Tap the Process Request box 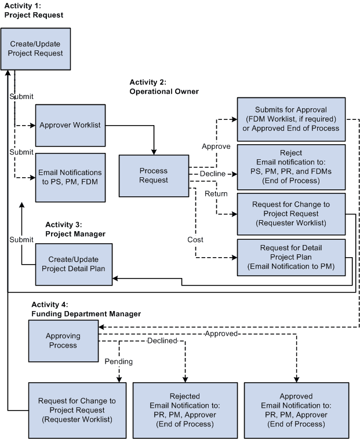pyautogui.click(x=154, y=175)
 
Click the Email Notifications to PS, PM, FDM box pyautogui.click(x=70, y=177)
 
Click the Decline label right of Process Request pyautogui.click(x=212, y=173)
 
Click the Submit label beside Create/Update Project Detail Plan pyautogui.click(x=21, y=239)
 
